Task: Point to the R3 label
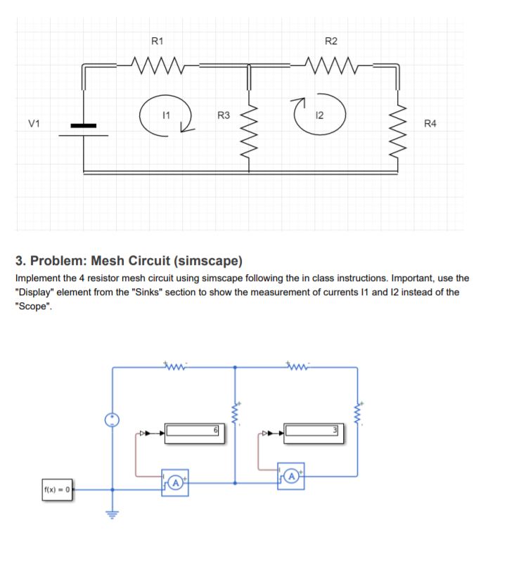223,115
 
